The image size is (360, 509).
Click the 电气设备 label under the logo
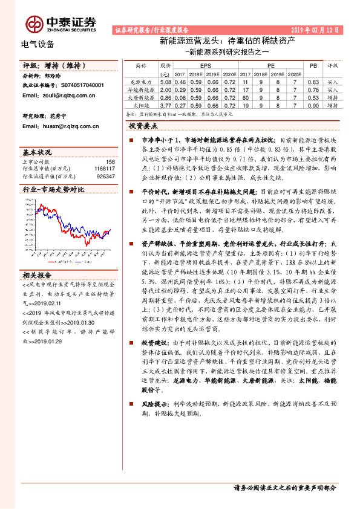38,44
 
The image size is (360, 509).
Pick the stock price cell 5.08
165,80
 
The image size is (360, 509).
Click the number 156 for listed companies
110,161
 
